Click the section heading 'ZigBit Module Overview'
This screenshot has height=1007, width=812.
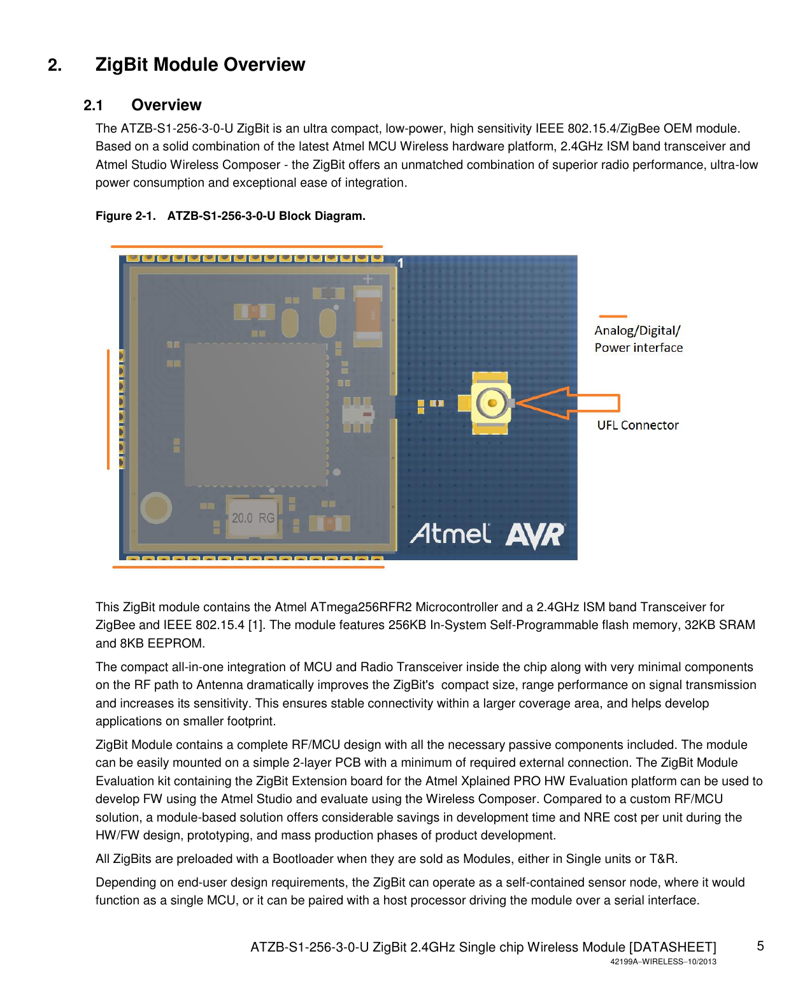coord(200,65)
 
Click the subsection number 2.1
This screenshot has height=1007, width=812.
coord(93,106)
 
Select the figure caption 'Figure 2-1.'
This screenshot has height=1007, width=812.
coord(125,216)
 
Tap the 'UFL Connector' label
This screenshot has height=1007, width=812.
coord(637,425)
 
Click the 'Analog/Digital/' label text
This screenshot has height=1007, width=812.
coord(637,331)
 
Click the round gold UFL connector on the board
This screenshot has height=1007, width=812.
coord(491,403)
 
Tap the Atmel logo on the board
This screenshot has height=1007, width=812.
coord(450,534)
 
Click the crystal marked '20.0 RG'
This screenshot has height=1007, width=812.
coord(253,518)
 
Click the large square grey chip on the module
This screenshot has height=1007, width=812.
coord(256,414)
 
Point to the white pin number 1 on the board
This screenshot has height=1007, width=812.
coord(401,263)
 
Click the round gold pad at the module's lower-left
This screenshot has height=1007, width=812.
coord(155,508)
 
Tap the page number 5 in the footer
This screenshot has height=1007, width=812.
coord(760,946)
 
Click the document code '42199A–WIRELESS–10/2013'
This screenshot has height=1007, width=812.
coord(663,962)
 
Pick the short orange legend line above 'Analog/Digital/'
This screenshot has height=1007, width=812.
coord(613,316)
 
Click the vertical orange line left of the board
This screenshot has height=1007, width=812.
coord(108,409)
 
